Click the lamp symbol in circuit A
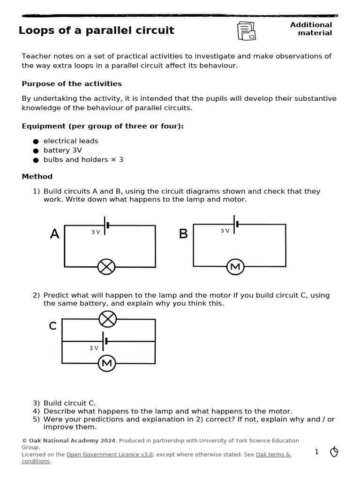(106, 267)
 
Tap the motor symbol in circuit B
(235, 267)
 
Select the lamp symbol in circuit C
(108, 319)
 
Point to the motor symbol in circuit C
(107, 363)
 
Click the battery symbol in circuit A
(106, 225)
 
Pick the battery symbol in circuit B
(236, 224)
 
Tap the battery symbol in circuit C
(105, 341)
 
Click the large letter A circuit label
(55, 234)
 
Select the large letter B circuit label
(183, 234)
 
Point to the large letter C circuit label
(53, 326)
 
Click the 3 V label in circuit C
(94, 348)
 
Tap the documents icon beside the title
(246, 31)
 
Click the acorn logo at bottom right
(334, 452)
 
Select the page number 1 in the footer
(316, 452)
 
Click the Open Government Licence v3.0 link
(110, 454)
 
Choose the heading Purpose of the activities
(72, 84)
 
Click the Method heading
(37, 177)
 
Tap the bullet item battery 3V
(62, 150)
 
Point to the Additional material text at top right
(311, 29)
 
